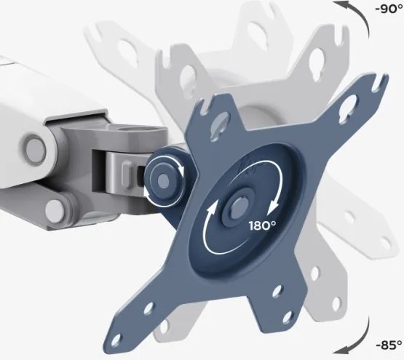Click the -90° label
pos(389,9)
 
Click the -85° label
pos(389,345)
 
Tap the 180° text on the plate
pos(262,225)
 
